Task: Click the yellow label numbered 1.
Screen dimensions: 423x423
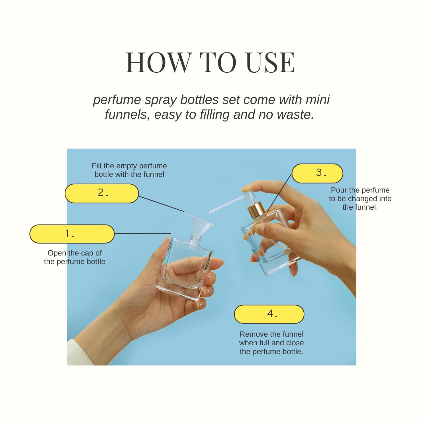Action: point(72,234)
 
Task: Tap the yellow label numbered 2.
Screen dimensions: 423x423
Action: point(102,193)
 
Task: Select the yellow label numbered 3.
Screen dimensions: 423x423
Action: point(317,173)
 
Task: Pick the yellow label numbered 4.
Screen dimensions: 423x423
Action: point(269,314)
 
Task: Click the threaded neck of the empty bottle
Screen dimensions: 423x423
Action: point(196,239)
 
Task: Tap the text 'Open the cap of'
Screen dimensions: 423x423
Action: point(75,253)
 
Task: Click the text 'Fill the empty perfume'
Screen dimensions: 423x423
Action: point(129,166)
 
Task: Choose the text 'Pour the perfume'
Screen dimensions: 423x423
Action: point(360,190)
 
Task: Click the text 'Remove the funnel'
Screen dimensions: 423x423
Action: point(271,334)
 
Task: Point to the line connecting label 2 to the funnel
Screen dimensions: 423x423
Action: point(161,204)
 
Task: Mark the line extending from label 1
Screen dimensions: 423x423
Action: point(143,233)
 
